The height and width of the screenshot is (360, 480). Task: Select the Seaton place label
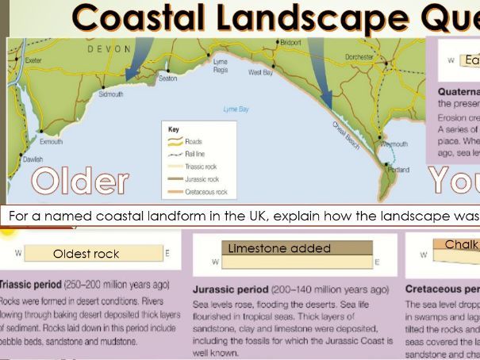click(167, 79)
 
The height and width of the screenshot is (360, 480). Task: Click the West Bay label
click(260, 72)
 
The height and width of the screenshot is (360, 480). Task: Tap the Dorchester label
click(359, 57)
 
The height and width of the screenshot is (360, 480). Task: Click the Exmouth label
click(51, 142)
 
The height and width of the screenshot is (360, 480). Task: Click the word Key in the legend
click(175, 128)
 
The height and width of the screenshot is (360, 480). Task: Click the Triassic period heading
click(35, 285)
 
